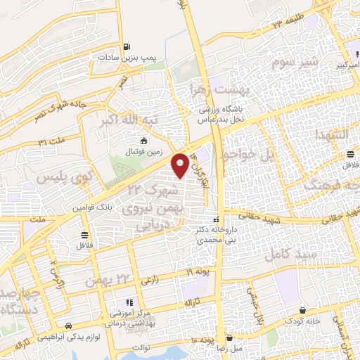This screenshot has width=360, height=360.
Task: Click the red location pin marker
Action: coord(181,165)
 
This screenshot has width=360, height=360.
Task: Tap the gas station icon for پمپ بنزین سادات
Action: coord(126,47)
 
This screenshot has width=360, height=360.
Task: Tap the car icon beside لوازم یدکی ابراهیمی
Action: coord(68,326)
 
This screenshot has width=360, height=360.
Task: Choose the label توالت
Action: coord(141,346)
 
